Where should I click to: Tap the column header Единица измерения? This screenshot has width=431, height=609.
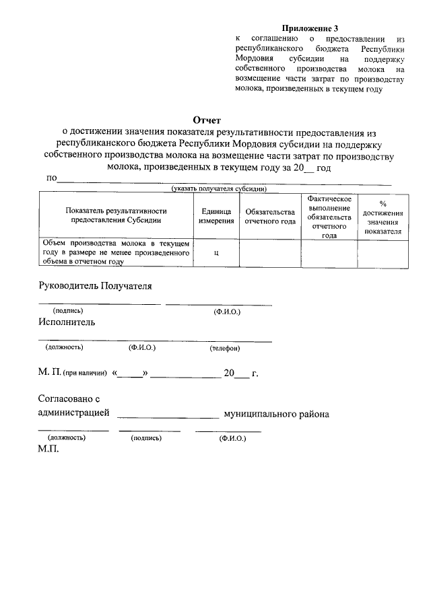coord(216,215)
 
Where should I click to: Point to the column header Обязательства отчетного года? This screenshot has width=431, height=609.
coord(270,215)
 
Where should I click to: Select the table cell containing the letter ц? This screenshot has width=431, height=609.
coord(216,253)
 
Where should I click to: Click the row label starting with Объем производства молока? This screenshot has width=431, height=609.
coord(116,252)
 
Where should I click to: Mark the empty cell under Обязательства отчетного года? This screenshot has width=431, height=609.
coord(270,253)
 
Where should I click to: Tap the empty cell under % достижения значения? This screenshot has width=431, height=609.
coord(383,253)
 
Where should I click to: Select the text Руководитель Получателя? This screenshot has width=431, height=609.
coord(95,285)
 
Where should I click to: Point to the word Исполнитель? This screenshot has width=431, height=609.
coord(67,322)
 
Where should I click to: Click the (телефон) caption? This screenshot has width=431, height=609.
coord(224,349)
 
